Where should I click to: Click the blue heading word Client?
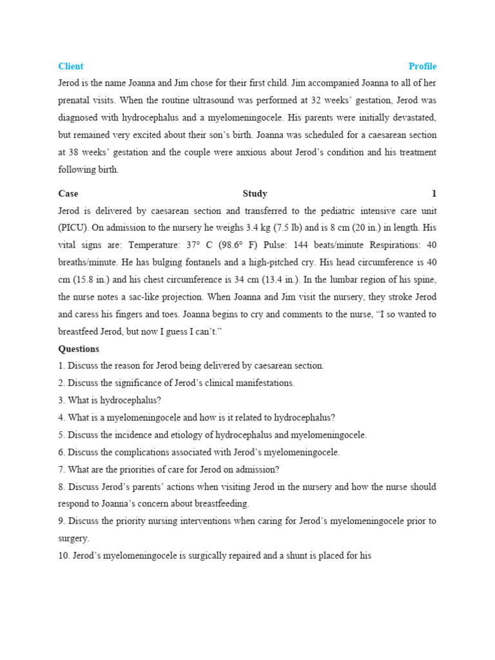click(x=71, y=66)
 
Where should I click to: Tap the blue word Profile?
click(x=422, y=66)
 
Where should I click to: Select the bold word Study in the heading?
click(x=255, y=193)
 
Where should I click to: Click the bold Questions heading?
click(x=79, y=349)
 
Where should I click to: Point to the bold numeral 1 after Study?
click(x=434, y=193)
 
